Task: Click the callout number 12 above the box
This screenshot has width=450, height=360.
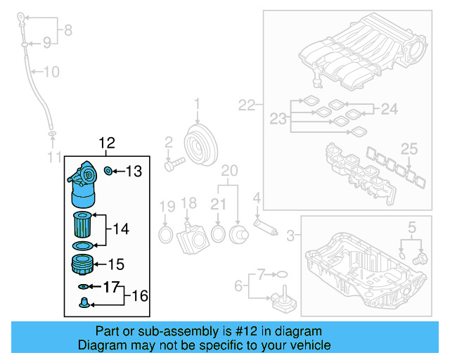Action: [106, 143]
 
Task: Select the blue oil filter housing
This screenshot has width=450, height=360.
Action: [84, 183]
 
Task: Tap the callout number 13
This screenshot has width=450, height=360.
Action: [133, 171]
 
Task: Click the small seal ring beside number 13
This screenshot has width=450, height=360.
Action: [108, 170]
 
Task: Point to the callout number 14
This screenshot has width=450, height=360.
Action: [121, 229]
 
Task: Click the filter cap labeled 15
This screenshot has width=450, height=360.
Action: [83, 266]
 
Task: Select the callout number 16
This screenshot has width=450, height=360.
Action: [140, 296]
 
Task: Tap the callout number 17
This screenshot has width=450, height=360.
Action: [111, 287]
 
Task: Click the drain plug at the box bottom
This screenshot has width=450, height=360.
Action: [84, 304]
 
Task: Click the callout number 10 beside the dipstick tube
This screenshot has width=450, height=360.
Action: [52, 72]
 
